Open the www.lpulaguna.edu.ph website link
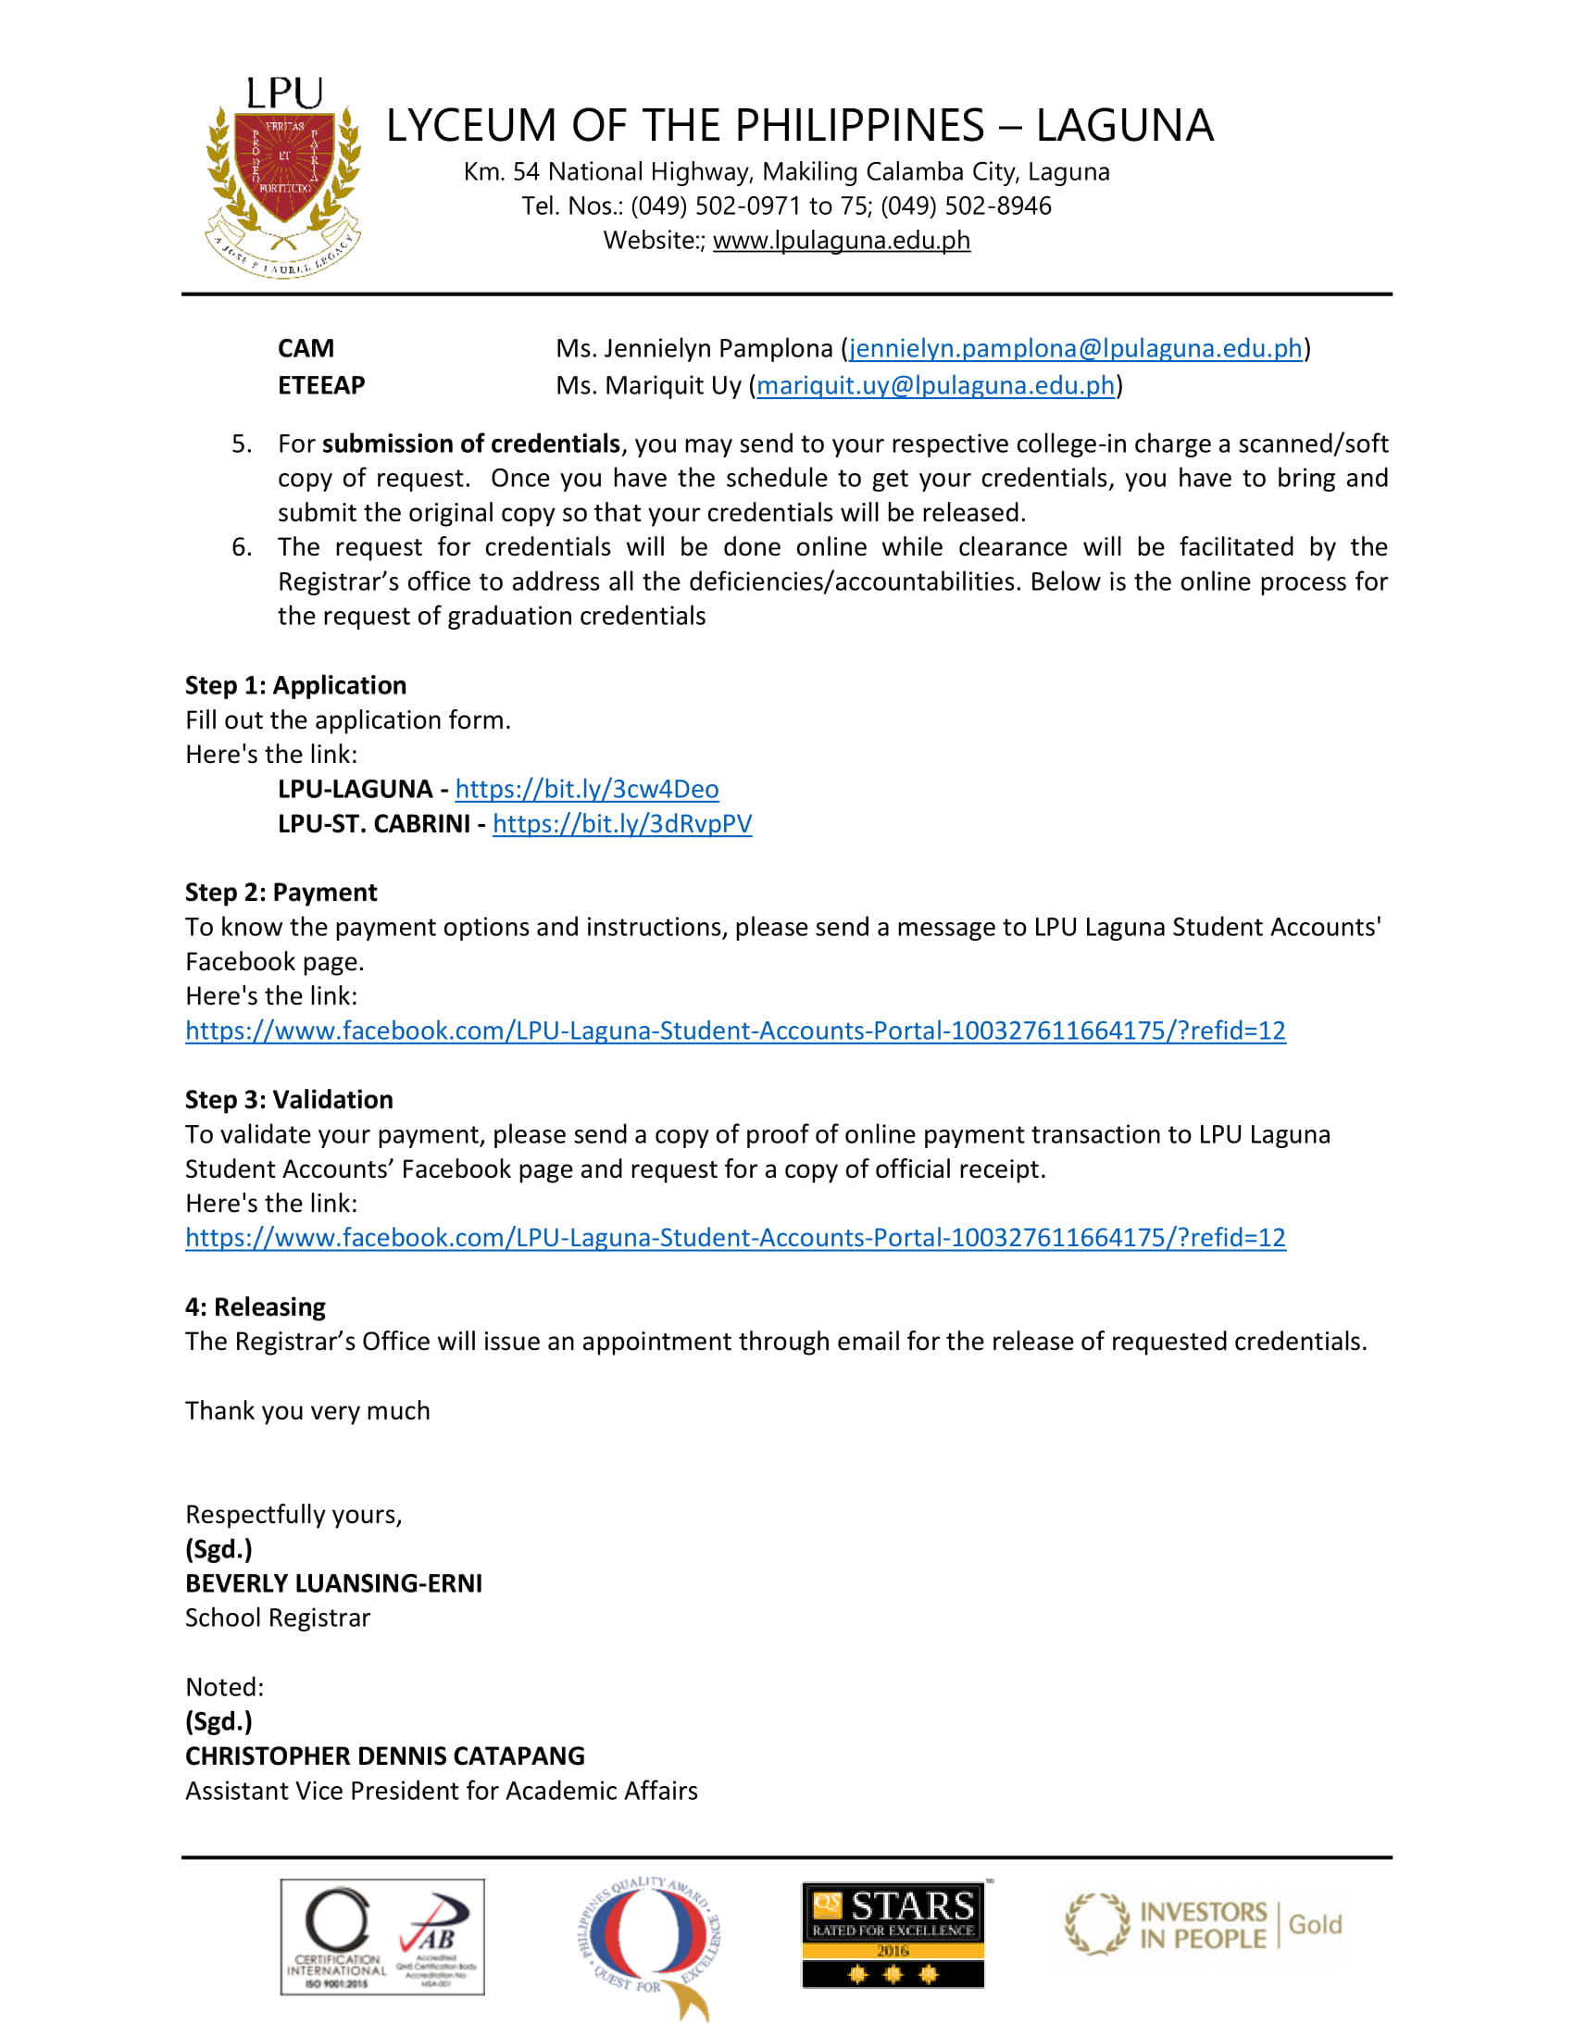(x=841, y=241)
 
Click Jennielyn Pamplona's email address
(x=1075, y=349)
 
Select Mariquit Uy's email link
(x=935, y=385)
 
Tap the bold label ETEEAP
(x=321, y=385)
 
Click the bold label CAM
(x=306, y=349)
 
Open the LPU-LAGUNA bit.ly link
(x=586, y=789)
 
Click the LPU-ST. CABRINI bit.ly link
(x=622, y=823)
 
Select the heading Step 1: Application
(x=295, y=685)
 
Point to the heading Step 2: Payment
(x=281, y=893)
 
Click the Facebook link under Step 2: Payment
(x=735, y=1031)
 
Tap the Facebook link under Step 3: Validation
(x=735, y=1238)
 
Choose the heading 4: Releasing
(x=256, y=1306)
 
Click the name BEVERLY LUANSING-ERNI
(x=334, y=1583)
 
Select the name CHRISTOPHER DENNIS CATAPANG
(x=385, y=1756)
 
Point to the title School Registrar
(x=278, y=1618)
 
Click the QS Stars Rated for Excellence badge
(x=893, y=1935)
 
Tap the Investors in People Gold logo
(x=1203, y=1925)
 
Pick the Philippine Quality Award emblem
(x=649, y=1945)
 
